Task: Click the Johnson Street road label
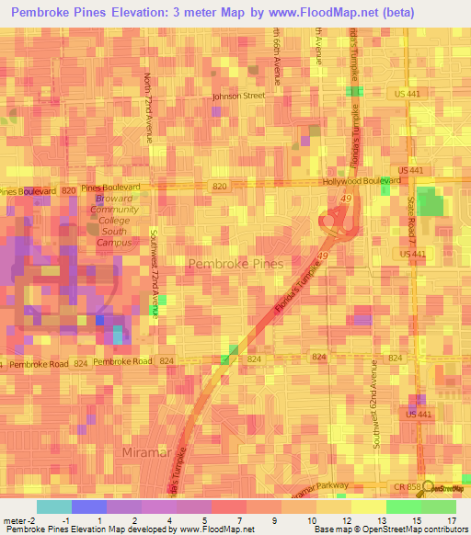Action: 238,96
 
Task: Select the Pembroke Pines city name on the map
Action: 235,264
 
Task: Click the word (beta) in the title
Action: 390,13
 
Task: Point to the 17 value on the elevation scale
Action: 451,521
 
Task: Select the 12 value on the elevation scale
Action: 345,521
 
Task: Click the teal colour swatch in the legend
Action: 53,507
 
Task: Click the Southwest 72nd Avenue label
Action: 155,274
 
